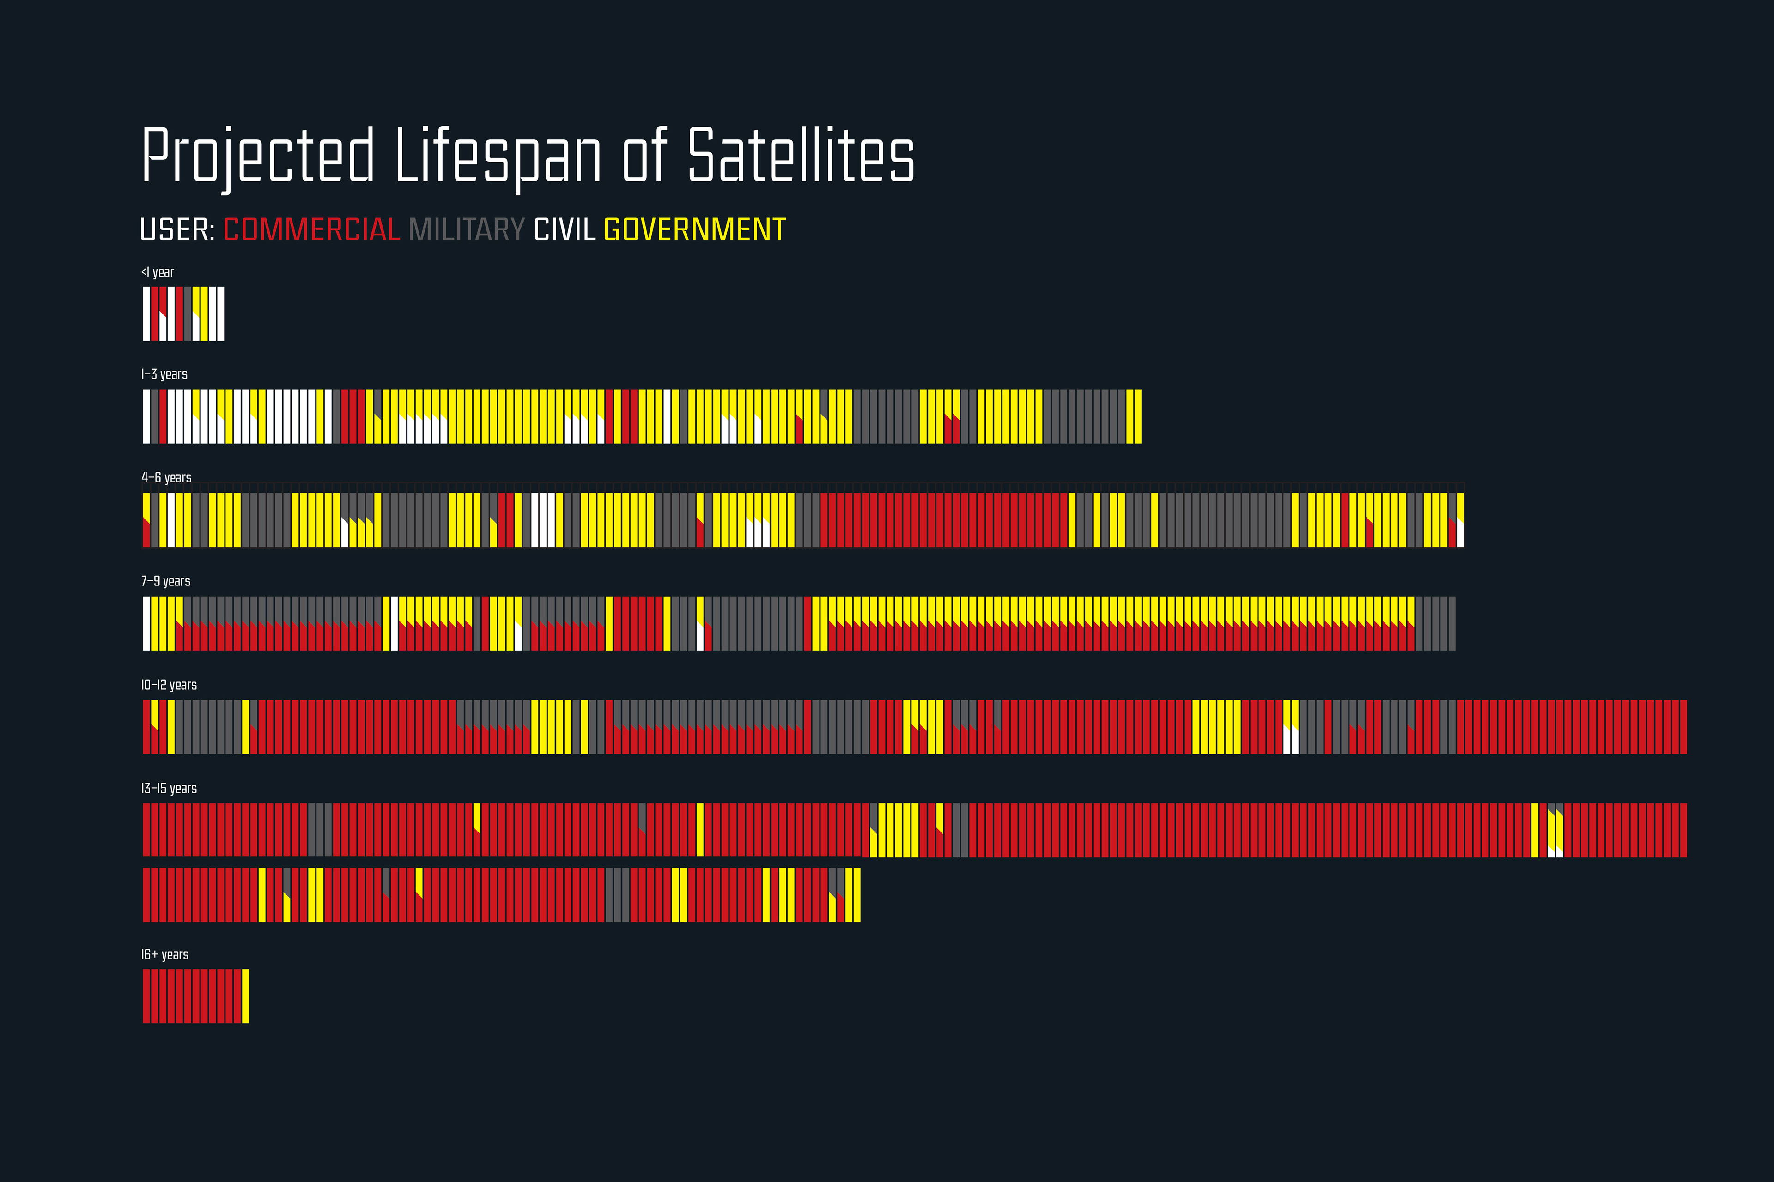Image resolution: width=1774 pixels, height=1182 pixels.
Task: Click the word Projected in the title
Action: (x=257, y=156)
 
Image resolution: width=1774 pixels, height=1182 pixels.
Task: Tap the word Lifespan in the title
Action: (x=498, y=156)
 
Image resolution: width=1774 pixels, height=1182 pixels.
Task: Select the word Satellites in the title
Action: (x=801, y=156)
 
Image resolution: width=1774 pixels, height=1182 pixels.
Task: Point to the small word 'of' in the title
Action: (x=645, y=156)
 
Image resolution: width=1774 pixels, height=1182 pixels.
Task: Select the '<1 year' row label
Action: (x=158, y=272)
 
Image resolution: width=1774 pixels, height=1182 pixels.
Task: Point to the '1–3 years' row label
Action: (x=164, y=374)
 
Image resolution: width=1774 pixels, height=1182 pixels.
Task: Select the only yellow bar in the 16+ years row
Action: (x=246, y=996)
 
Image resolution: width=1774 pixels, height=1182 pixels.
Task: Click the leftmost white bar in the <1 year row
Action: (x=146, y=314)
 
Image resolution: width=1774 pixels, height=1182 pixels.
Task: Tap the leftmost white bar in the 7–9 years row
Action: (x=146, y=623)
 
